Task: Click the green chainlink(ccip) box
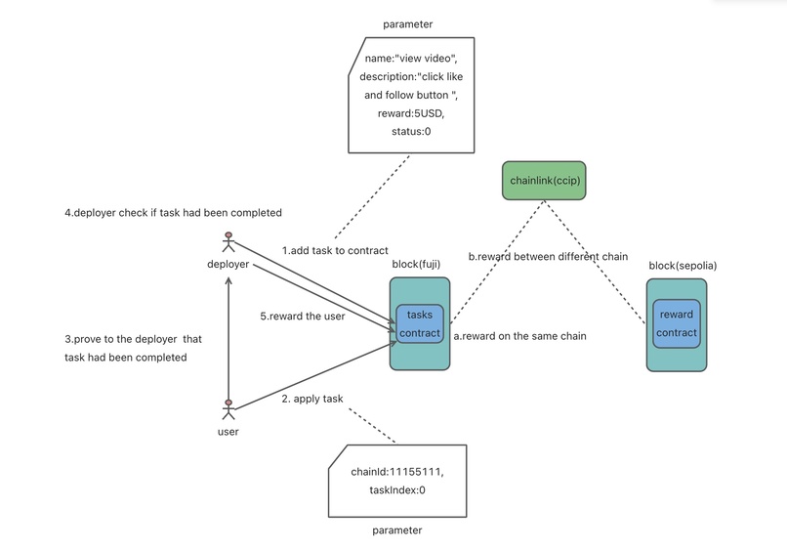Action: pos(544,181)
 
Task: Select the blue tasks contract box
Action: pos(419,324)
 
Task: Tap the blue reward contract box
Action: pos(676,323)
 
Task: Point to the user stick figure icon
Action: pos(228,410)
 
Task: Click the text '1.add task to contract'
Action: pos(335,250)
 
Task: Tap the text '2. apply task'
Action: pos(311,400)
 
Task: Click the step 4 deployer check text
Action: pos(172,212)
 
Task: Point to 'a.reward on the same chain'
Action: pos(519,336)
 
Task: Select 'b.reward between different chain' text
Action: pos(548,256)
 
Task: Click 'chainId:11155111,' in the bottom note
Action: pos(397,472)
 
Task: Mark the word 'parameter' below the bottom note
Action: pos(397,530)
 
